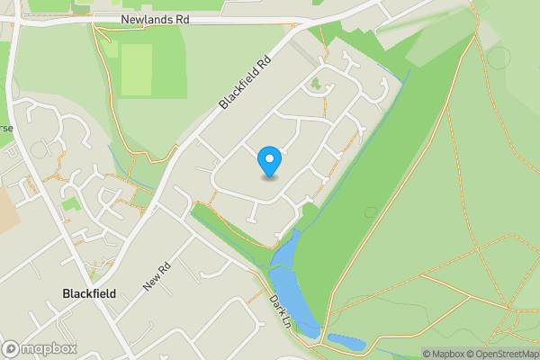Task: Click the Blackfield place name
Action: [90, 293]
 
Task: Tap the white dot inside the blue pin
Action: [269, 159]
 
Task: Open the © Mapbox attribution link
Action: [444, 354]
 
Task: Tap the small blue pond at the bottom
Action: [346, 342]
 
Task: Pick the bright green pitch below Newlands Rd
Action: [136, 69]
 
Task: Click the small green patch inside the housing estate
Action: [315, 86]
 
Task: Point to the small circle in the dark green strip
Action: [371, 212]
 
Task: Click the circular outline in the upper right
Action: [497, 58]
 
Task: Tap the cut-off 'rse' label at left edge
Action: [6, 128]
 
